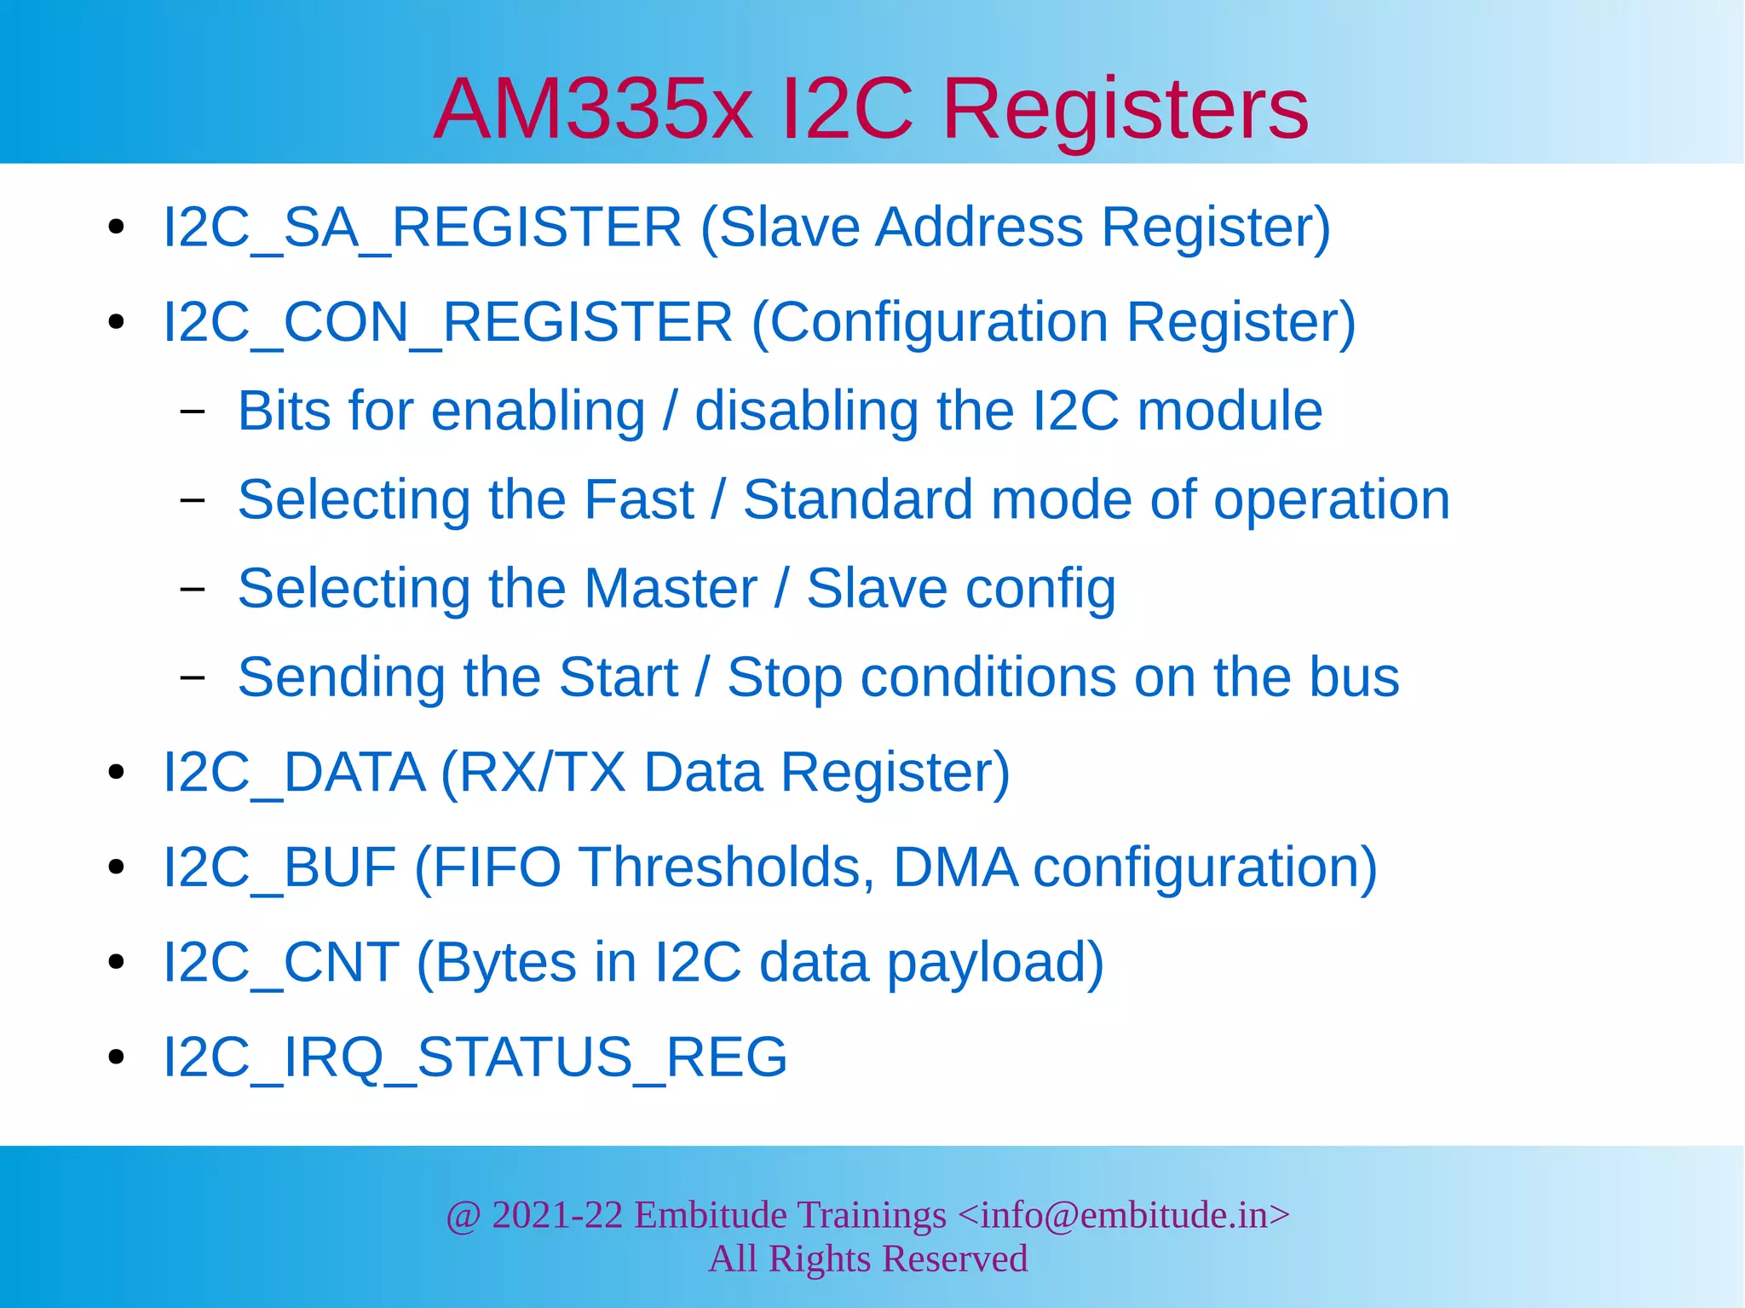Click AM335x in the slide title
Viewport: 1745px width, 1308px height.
pyautogui.click(x=593, y=109)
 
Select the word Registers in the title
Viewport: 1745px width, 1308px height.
pyautogui.click(x=1125, y=109)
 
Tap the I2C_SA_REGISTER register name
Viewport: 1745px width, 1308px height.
pyautogui.click(x=423, y=228)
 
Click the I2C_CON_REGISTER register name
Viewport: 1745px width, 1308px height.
pyautogui.click(x=447, y=322)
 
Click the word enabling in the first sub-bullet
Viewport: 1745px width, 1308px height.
pyautogui.click(x=538, y=412)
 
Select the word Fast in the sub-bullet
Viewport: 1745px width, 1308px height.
pyautogui.click(x=639, y=500)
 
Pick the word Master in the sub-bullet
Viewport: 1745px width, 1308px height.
pyautogui.click(x=671, y=589)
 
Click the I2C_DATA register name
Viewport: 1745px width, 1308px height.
pyautogui.click(x=294, y=773)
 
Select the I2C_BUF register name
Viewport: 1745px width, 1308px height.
pyautogui.click(x=279, y=868)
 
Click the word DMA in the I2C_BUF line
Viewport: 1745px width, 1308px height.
pyautogui.click(x=955, y=868)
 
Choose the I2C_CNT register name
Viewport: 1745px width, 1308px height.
pyautogui.click(x=281, y=963)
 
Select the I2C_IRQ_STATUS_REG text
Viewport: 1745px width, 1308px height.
pyautogui.click(x=475, y=1057)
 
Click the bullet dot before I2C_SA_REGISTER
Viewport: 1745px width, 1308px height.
pyautogui.click(x=117, y=228)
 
